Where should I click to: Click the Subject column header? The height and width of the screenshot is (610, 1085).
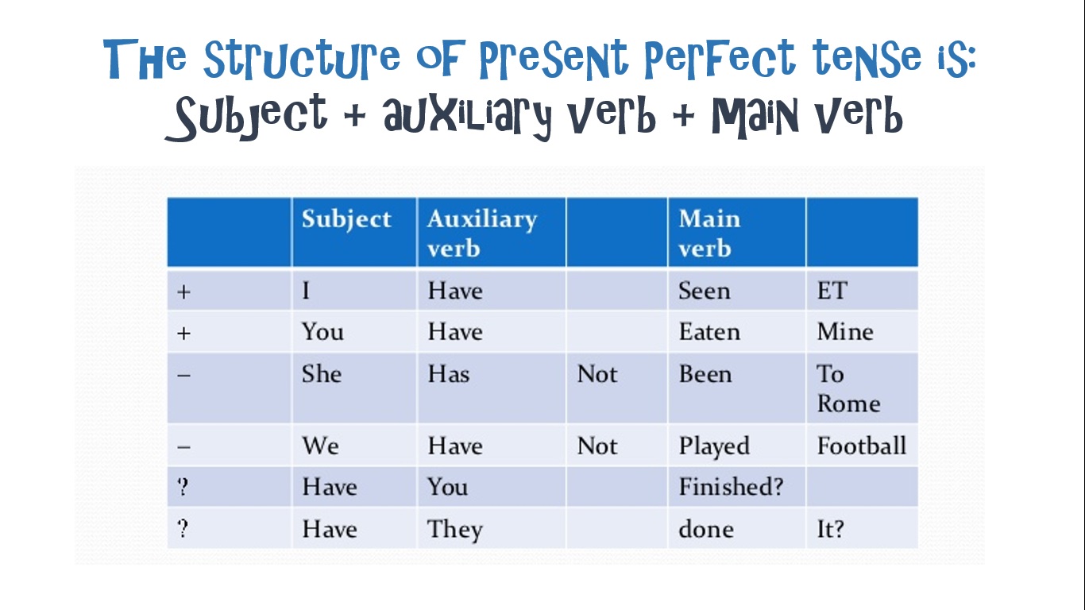point(346,219)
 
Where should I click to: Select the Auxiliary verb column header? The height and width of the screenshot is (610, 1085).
point(481,233)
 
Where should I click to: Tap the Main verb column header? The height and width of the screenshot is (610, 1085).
point(709,233)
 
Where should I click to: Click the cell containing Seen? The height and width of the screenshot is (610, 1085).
point(704,291)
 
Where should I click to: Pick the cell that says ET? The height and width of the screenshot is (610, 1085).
point(832,291)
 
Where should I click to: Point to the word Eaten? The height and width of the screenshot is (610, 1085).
point(709,331)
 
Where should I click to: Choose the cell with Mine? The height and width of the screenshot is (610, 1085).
point(844,331)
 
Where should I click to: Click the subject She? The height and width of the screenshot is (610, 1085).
point(321,373)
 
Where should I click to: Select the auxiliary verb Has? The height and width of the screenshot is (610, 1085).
point(448,373)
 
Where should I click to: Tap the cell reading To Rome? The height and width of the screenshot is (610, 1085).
point(848,388)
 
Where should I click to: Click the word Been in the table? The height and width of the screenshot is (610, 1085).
point(705,373)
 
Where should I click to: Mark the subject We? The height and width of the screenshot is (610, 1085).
point(320,446)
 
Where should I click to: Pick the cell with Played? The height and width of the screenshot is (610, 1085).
point(713,446)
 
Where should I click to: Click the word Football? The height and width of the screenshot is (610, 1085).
point(861,446)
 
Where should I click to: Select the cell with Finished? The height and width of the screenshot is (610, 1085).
point(730,487)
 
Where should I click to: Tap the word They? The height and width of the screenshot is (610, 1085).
point(454,530)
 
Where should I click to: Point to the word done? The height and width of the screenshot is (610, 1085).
point(705,529)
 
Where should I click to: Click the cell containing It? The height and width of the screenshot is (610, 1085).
point(830,529)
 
